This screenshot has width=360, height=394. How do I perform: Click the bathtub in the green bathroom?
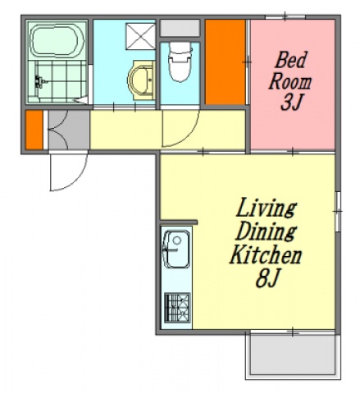click(x=57, y=41)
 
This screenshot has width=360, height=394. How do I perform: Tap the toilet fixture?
click(x=180, y=62)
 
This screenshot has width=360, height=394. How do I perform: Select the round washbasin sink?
click(x=141, y=80)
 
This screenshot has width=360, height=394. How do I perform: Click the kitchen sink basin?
click(x=176, y=250)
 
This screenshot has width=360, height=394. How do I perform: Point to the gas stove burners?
click(x=177, y=308)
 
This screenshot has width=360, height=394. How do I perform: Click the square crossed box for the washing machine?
click(x=140, y=36)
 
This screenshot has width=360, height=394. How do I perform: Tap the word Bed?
click(x=290, y=60)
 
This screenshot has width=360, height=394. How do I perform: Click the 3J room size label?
click(x=291, y=103)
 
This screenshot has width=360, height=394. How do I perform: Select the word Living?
click(x=266, y=209)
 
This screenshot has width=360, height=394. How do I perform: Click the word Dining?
click(x=266, y=233)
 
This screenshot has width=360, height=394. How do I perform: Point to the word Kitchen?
click(x=266, y=255)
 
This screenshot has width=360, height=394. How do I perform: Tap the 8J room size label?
click(x=267, y=278)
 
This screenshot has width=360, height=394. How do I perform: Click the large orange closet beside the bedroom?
click(x=225, y=62)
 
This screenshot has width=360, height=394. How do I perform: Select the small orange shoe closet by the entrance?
click(x=34, y=130)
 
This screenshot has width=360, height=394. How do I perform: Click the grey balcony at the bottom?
click(x=293, y=355)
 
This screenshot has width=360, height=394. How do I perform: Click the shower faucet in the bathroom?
click(x=39, y=81)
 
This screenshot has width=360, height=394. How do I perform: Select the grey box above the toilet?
click(x=180, y=28)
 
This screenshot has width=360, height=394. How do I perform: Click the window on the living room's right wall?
click(x=338, y=211)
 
